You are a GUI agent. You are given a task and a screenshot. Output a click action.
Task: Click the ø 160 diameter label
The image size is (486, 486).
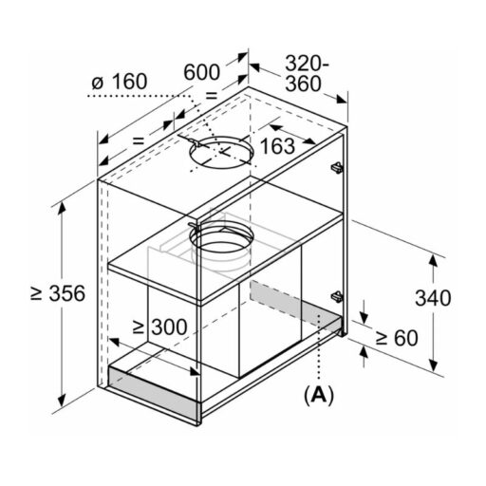120,82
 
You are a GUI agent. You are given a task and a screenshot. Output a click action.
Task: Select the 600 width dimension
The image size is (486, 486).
201,72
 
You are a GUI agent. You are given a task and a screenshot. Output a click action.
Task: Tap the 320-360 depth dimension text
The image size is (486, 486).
307,73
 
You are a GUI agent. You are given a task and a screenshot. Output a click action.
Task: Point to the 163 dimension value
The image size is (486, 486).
277,146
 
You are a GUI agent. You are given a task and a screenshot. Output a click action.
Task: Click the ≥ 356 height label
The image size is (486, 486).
58,293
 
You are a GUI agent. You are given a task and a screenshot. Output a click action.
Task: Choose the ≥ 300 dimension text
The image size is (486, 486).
159,327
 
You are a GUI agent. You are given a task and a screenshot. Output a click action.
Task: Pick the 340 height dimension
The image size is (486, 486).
433,298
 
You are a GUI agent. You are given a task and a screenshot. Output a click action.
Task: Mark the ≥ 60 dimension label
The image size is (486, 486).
397,338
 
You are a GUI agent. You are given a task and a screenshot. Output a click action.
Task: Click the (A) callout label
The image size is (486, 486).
319,395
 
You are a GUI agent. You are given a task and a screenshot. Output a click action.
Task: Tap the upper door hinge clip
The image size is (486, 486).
337,167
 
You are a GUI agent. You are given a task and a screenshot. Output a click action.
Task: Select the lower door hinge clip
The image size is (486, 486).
337,297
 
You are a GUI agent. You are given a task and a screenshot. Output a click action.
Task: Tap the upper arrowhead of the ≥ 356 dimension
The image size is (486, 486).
62,207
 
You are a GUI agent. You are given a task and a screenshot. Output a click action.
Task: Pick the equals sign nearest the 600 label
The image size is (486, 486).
212,95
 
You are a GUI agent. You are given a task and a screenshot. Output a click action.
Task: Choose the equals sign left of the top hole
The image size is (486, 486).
139,140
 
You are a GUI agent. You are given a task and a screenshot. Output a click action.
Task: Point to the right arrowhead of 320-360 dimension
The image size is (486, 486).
341,100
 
